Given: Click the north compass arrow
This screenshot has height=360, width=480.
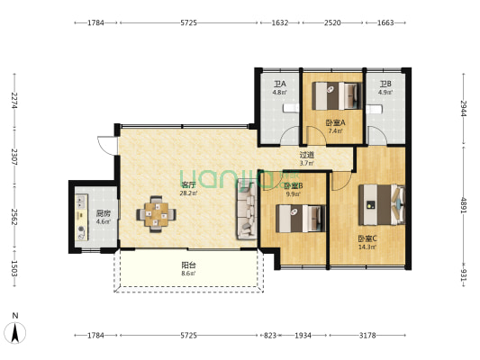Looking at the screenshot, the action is coord(15,332).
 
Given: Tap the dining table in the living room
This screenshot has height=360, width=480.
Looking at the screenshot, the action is coord(156,214).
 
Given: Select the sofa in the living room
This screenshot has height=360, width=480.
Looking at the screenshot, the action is coord(246,210).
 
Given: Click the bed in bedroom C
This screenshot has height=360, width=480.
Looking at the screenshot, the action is coord(382,204).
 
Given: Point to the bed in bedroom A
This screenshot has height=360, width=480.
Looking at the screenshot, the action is coord(337,95).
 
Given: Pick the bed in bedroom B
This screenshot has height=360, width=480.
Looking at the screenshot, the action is coord(300,219).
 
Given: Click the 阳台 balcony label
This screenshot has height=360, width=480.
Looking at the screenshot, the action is coord(188,265).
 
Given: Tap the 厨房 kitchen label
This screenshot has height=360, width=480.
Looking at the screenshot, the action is coord(103,213).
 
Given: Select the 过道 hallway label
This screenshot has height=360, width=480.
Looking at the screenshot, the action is coord(306,155).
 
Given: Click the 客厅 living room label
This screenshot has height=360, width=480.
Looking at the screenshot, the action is coord(188,185).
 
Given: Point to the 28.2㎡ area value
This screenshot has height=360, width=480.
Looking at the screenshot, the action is coord(188,193).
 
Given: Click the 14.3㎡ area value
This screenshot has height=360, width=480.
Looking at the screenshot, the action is coord(367,247).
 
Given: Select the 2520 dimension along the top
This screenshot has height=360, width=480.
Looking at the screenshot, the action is coord(332,22).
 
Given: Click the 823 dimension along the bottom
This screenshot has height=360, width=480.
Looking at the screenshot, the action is coord(269,336).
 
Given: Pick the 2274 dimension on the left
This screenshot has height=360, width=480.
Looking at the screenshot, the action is coord(14,100).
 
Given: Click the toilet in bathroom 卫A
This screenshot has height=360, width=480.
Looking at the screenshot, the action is coord(291,108).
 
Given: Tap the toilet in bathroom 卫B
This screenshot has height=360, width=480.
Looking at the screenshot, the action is coord(374,109).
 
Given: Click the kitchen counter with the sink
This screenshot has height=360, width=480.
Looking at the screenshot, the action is coord(81,217).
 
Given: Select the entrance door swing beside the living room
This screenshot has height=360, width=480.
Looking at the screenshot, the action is coord(107,146).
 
